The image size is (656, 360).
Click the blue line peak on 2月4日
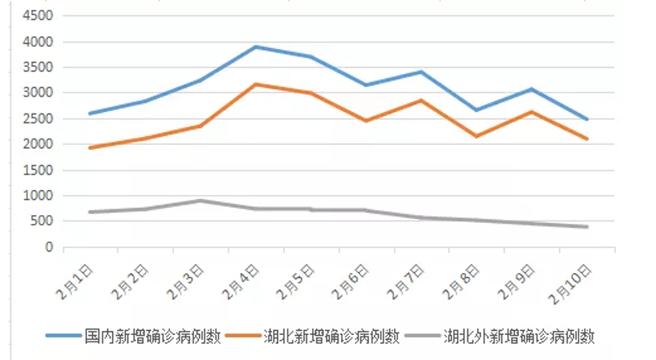click(255, 47)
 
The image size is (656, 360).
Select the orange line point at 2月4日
click(255, 84)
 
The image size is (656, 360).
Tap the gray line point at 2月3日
click(200, 201)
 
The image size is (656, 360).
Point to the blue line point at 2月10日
click(587, 119)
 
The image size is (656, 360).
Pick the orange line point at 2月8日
click(476, 136)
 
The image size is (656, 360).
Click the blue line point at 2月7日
click(421, 72)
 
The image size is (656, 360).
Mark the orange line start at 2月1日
click(89, 147)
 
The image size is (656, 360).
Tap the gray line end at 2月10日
click(587, 227)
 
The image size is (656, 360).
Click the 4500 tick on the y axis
click(38, 16)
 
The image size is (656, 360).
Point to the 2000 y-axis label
click(38, 144)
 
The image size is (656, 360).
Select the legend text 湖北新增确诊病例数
click(333, 335)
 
